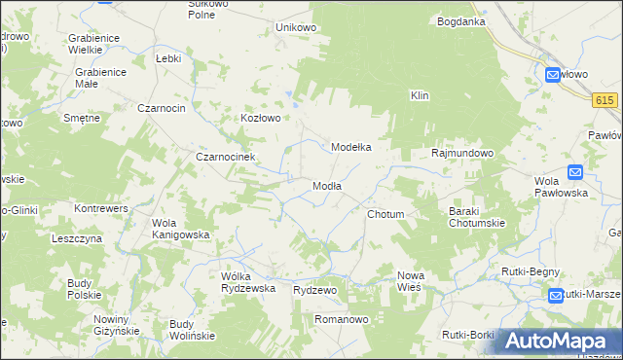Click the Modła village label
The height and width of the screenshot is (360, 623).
tap(326, 186)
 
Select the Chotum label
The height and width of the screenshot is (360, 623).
tap(385, 214)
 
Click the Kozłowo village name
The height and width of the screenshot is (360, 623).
tap(261, 118)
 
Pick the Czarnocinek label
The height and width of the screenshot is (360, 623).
tap(225, 157)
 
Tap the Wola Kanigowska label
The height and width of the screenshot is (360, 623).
tap(180, 228)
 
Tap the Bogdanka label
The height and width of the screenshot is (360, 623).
tap(461, 20)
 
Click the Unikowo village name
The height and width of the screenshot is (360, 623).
tap(297, 27)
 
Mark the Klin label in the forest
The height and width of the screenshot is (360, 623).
tap(420, 95)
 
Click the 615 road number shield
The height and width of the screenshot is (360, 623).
tap(605, 100)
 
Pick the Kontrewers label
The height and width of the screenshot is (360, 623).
tap(102, 208)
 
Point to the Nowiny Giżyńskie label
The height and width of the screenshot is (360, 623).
tap(116, 325)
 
